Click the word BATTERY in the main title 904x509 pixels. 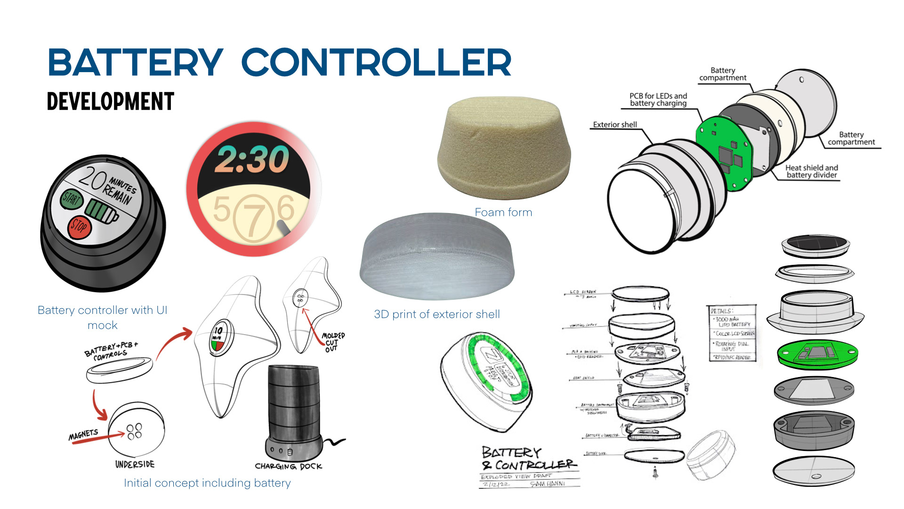click(135, 63)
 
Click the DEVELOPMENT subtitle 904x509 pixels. click(111, 101)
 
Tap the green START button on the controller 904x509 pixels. click(71, 199)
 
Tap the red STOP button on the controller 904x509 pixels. click(79, 227)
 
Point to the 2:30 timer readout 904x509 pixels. click(252, 159)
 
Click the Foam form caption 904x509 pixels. click(503, 213)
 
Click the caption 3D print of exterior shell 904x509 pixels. click(437, 314)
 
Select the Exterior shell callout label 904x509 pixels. click(614, 125)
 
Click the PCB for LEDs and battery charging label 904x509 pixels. click(658, 99)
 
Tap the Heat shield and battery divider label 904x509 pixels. click(812, 171)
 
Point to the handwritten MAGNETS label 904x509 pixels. click(83, 435)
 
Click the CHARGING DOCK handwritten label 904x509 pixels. click(288, 466)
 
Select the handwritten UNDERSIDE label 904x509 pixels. click(135, 464)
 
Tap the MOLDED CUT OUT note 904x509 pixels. click(332, 342)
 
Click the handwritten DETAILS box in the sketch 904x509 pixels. click(733, 333)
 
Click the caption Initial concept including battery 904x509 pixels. click(207, 483)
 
